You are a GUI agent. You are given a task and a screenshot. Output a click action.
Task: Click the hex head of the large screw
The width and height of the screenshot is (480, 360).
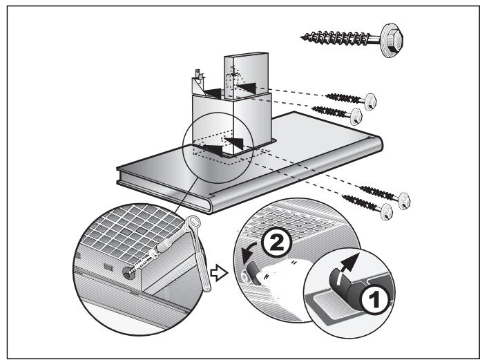click(x=392, y=40)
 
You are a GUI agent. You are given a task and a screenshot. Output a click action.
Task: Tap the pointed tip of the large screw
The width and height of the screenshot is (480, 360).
click(x=301, y=38)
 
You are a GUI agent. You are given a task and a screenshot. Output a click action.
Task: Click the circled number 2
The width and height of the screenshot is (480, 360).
click(x=277, y=243)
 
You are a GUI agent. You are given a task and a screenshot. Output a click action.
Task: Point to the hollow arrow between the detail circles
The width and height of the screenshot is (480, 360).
click(x=219, y=273)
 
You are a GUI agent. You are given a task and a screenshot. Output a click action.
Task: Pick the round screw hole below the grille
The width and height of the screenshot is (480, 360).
click(x=128, y=272)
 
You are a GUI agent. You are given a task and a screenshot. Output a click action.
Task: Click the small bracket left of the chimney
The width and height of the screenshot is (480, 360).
click(x=200, y=83)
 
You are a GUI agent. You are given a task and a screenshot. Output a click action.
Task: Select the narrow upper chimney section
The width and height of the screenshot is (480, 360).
click(x=247, y=75)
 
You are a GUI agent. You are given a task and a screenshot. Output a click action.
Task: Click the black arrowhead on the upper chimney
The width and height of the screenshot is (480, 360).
click(x=247, y=88)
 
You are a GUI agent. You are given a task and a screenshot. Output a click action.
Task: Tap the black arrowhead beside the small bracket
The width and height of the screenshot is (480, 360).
click(x=213, y=93)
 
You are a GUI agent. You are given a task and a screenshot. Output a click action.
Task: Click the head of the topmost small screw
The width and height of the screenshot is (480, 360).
click(x=370, y=102)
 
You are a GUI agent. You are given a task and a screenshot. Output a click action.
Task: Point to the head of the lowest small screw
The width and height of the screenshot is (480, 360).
click(x=387, y=212)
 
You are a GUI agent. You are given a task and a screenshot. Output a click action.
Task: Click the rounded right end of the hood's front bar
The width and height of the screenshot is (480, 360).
click(x=376, y=144)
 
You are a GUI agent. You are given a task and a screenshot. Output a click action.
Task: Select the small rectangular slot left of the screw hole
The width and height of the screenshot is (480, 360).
click(x=108, y=267)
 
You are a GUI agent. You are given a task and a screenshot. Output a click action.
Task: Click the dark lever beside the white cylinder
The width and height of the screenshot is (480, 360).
click(x=253, y=272)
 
